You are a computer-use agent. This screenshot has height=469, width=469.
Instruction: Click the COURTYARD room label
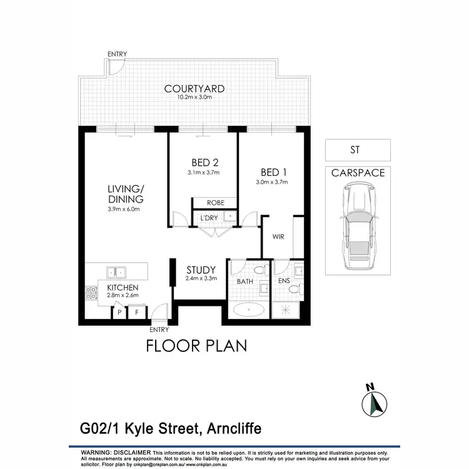194,89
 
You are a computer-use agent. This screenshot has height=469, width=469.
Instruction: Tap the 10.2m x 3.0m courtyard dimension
194,98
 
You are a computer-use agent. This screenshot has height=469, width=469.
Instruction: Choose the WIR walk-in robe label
278,237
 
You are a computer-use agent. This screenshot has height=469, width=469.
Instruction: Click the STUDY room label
201,270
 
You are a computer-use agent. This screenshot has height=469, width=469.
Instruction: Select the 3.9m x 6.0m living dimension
126,209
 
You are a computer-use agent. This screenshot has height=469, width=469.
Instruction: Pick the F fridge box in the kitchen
136,311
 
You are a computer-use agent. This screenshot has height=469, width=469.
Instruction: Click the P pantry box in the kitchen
119,311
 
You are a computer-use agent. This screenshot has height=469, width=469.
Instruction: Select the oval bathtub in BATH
249,309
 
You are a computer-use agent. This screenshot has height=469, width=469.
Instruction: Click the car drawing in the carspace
358,226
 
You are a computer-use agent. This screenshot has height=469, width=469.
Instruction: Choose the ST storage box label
358,150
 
